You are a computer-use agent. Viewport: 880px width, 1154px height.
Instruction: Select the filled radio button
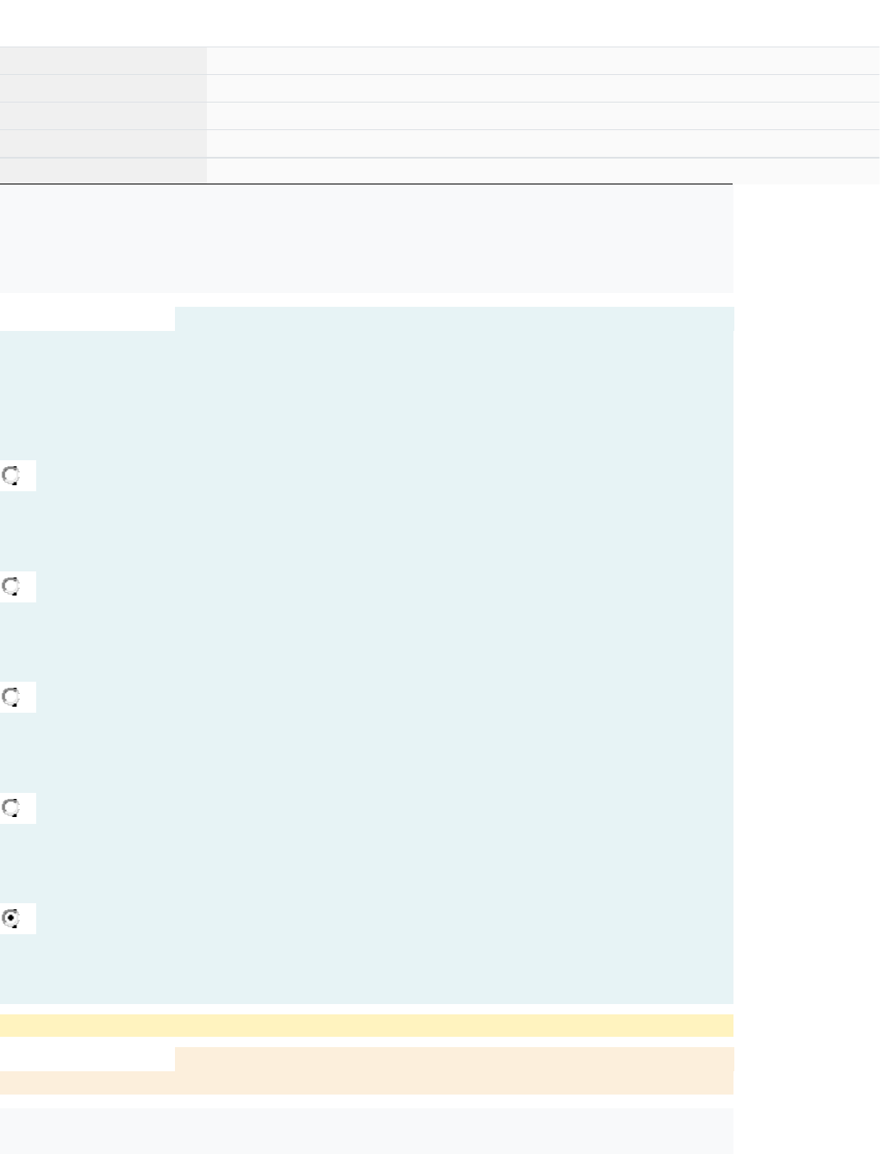tap(11, 919)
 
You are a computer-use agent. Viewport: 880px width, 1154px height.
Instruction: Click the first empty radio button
tap(11, 476)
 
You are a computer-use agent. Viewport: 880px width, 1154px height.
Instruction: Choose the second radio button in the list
tap(11, 587)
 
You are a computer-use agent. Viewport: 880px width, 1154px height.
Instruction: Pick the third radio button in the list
tap(11, 697)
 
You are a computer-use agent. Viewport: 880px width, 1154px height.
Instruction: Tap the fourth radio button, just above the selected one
tap(11, 808)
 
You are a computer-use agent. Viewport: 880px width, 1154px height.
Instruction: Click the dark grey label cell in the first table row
tap(103, 61)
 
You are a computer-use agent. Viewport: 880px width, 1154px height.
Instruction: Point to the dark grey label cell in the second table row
tap(103, 89)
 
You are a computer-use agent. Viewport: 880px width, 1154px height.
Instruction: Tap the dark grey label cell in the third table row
tap(103, 116)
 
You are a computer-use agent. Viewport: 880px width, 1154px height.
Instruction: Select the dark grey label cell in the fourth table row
tap(103, 144)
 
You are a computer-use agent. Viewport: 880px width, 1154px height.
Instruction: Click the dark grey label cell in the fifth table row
tap(103, 171)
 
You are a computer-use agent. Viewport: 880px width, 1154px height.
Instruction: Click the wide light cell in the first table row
tap(543, 61)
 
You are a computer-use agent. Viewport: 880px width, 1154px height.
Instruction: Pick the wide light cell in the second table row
tap(543, 89)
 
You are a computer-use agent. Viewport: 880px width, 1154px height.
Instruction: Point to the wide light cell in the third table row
tap(543, 116)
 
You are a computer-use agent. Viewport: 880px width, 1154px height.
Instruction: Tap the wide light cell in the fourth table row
tap(543, 144)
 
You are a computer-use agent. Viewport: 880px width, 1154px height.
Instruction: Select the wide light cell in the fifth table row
tap(543, 171)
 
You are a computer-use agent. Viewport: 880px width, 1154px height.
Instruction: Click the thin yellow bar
tap(366, 1026)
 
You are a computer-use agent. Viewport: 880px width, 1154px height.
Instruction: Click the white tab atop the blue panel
tap(87, 319)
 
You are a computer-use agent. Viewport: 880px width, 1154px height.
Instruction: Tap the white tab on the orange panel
tap(87, 1059)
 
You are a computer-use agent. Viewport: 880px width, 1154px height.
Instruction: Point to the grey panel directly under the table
tap(366, 239)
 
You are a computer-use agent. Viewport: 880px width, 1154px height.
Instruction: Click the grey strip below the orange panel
tap(366, 1131)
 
